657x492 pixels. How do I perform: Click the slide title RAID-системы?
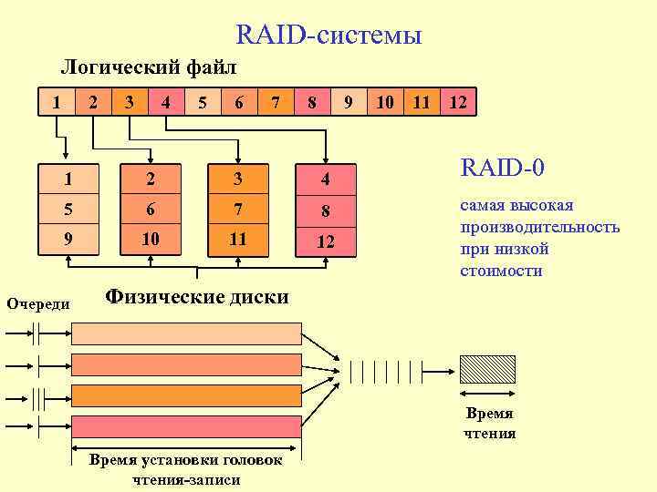[x=328, y=36]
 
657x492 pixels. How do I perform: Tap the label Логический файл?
[x=148, y=67]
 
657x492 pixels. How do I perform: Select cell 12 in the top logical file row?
[x=458, y=103]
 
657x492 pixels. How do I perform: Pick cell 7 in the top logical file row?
[x=276, y=103]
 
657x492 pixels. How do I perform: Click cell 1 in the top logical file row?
[x=57, y=103]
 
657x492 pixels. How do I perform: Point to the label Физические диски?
[x=197, y=297]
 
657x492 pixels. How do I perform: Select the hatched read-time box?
[x=487, y=369]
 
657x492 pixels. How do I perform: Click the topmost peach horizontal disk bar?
[x=186, y=333]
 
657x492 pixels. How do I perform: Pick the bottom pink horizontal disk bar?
[x=186, y=425]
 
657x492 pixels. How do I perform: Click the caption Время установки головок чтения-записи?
[x=185, y=470]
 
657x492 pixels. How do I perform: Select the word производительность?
[x=540, y=227]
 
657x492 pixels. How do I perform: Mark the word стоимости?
[x=503, y=271]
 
